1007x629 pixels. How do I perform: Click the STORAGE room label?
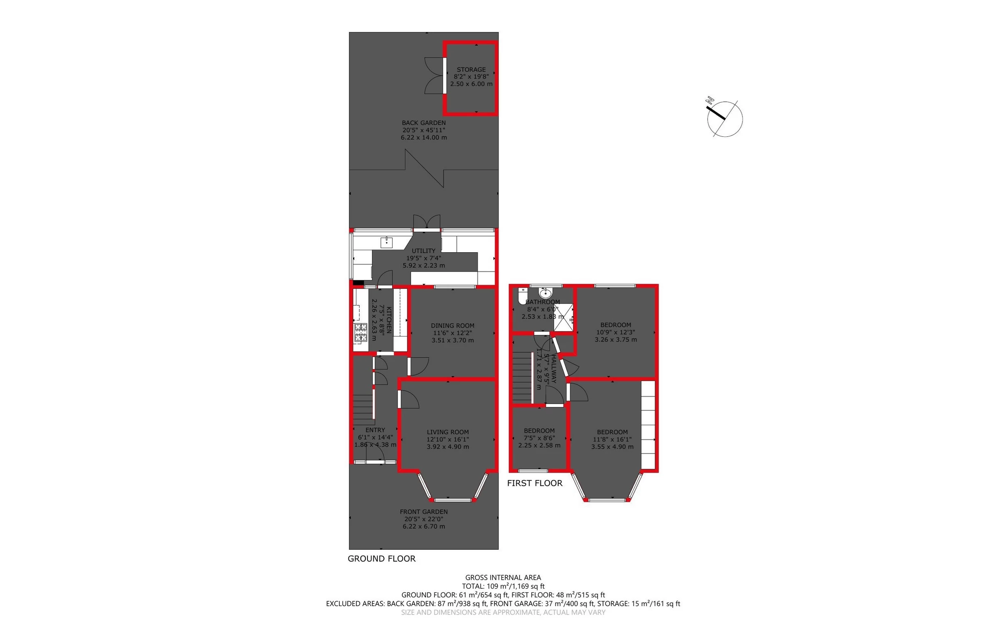(x=471, y=70)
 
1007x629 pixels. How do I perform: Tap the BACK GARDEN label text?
(x=424, y=123)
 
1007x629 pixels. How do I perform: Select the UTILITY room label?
(x=424, y=251)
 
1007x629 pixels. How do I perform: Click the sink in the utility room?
(x=95, y=242)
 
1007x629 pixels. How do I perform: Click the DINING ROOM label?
(x=452, y=326)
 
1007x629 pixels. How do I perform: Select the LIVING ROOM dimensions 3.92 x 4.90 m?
(x=448, y=447)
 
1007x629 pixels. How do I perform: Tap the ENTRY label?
(x=375, y=430)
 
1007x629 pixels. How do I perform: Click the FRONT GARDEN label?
(x=424, y=511)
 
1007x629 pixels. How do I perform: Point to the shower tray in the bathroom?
(x=564, y=317)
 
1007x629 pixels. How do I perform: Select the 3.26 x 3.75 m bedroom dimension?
(x=615, y=339)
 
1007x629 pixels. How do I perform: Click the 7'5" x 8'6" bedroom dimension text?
(x=539, y=438)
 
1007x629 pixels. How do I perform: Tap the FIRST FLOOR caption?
(x=534, y=483)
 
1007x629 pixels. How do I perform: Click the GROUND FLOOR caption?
(x=381, y=559)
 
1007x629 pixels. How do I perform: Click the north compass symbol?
(x=725, y=119)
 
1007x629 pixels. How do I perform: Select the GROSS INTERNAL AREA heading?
(x=503, y=577)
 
